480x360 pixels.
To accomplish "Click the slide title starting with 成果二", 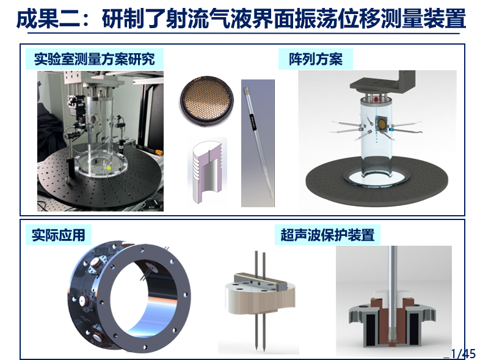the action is click(241, 19).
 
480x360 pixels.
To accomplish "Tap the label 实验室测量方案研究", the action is click(94, 59).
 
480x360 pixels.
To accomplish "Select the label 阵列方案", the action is click(316, 59).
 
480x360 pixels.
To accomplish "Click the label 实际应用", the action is click(58, 235).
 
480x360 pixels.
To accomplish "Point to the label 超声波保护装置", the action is click(327, 235).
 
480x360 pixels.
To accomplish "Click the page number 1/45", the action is click(463, 353).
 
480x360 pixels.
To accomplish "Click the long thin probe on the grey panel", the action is click(258, 142).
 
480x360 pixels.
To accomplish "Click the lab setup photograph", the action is click(100, 141).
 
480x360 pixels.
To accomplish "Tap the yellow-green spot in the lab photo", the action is click(108, 167).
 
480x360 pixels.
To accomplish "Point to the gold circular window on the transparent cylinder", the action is click(382, 124).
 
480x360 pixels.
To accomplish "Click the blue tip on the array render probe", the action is click(391, 130).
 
